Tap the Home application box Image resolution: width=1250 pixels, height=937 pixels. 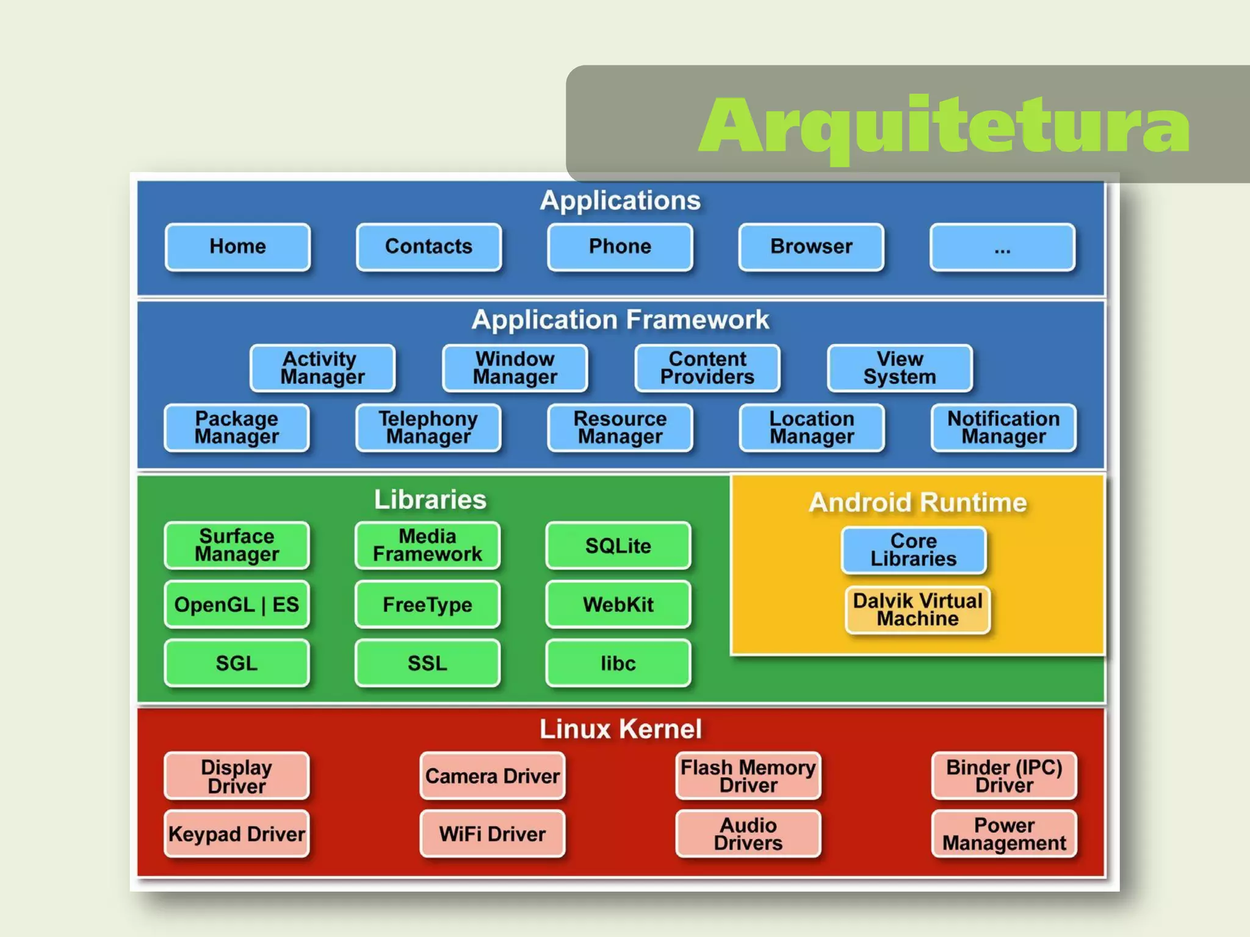(237, 246)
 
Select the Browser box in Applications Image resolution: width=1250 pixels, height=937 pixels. (811, 246)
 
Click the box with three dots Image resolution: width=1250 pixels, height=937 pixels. (1002, 247)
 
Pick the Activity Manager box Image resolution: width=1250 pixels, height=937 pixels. (322, 368)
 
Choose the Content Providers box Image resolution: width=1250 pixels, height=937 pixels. (707, 368)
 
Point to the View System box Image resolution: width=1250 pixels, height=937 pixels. (900, 368)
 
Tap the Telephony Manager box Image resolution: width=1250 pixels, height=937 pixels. (428, 428)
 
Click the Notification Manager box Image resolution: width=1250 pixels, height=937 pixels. (1003, 428)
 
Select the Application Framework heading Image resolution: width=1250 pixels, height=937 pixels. (620, 320)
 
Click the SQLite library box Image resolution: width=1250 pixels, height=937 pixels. (618, 545)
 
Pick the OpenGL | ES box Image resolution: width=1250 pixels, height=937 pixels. (237, 605)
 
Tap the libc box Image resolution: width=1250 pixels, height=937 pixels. (618, 663)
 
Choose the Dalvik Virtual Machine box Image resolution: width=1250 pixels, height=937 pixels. (917, 609)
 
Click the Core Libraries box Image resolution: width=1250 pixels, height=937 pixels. (913, 550)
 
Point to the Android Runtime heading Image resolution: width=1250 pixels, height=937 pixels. (917, 503)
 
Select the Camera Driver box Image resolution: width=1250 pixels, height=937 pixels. (492, 776)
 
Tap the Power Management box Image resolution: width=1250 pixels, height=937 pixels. (1004, 834)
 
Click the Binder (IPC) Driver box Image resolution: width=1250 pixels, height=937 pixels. (1004, 776)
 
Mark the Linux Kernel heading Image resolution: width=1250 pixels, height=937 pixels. (620, 729)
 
